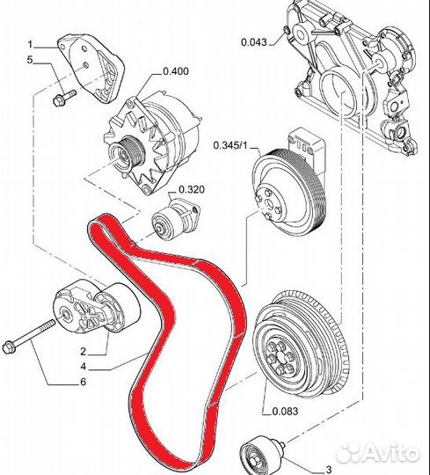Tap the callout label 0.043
[x=254, y=42]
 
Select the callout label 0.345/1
[x=230, y=145]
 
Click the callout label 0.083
[x=285, y=411]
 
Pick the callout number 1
[x=30, y=45]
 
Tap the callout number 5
[x=30, y=60]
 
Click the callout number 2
[x=83, y=351]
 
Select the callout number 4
[x=83, y=366]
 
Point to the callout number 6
[x=83, y=382]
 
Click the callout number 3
[x=329, y=470]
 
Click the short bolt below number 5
[x=64, y=98]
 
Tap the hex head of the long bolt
[x=9, y=347]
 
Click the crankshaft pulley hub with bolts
[x=280, y=357]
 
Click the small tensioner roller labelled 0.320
[x=167, y=223]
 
